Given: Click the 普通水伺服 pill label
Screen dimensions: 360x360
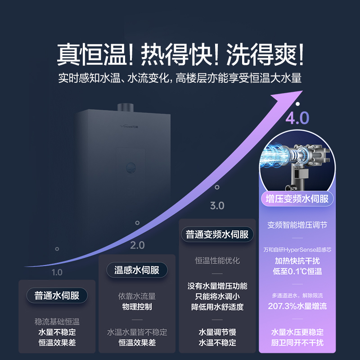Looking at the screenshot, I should pyautogui.click(x=57, y=296).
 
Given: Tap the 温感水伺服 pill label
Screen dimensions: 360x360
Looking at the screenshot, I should pyautogui.click(x=137, y=270).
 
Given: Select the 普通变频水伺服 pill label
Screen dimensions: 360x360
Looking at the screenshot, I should pyautogui.click(x=217, y=234).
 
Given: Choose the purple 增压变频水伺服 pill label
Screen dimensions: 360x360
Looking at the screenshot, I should pyautogui.click(x=297, y=198).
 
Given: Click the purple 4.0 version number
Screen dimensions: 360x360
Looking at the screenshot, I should pyautogui.click(x=297, y=118).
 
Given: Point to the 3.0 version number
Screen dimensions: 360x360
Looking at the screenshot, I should pyautogui.click(x=217, y=206).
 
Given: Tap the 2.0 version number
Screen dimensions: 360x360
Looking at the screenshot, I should pyautogui.click(x=137, y=245).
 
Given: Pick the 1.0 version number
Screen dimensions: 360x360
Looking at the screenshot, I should pyautogui.click(x=57, y=272).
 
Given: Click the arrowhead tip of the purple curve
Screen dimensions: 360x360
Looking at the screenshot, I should pyautogui.click(x=301, y=92).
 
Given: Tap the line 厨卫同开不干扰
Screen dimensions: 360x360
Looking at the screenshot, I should pyautogui.click(x=297, y=343).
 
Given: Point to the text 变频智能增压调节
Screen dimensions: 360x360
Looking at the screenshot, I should pyautogui.click(x=297, y=225).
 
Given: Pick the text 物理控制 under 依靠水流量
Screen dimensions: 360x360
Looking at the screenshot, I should pyautogui.click(x=137, y=306).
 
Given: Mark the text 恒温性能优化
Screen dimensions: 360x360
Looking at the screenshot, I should pyautogui.click(x=217, y=261).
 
